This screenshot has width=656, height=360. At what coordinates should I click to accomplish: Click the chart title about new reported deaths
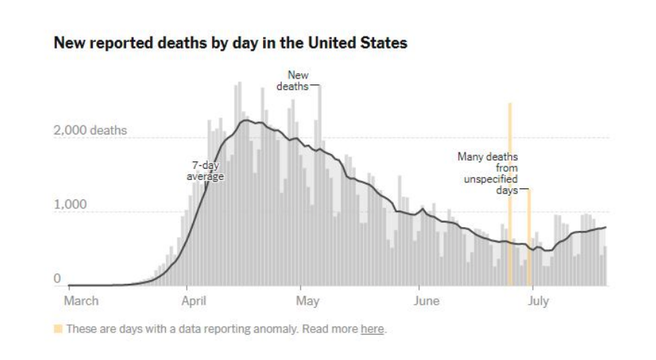click(x=230, y=43)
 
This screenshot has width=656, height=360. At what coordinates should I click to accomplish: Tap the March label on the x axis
click(x=81, y=301)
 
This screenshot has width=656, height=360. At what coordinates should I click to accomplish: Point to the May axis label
click(x=308, y=301)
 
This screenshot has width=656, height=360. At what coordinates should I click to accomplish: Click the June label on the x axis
click(x=426, y=301)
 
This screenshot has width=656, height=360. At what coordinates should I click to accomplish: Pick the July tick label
click(x=539, y=301)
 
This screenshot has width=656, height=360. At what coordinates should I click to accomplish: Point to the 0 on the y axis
click(x=56, y=279)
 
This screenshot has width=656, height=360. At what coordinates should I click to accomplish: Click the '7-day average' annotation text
click(x=205, y=171)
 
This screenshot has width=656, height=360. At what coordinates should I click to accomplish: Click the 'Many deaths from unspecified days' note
click(x=488, y=173)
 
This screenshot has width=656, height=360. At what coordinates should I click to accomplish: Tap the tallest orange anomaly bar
click(x=510, y=194)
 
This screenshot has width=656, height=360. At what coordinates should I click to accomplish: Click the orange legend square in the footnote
click(x=58, y=329)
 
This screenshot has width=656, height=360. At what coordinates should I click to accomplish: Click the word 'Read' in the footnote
click(x=329, y=329)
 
